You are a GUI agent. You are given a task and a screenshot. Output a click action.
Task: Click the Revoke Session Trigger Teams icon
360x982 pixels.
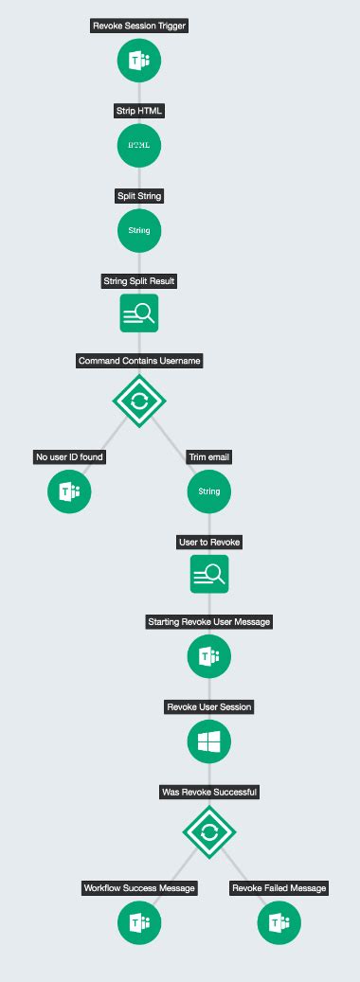pyautogui.click(x=139, y=60)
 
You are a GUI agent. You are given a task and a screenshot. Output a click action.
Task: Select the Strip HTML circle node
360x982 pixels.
pyautogui.click(x=139, y=145)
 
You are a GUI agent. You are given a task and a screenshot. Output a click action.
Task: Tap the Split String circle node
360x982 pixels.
pyautogui.click(x=139, y=230)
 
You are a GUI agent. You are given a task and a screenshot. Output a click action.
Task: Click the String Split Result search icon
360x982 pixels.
pyautogui.click(x=139, y=312)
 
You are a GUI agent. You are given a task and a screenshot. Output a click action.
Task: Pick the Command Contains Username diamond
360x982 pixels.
pyautogui.click(x=139, y=401)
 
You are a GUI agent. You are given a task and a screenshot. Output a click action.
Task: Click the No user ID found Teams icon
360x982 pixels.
pyautogui.click(x=69, y=491)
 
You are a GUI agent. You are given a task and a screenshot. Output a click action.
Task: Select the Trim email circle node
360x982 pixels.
pyautogui.click(x=209, y=491)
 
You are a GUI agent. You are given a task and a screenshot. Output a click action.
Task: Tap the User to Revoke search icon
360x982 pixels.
pyautogui.click(x=209, y=574)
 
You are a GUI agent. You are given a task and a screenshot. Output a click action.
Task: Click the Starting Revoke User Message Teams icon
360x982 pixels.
pyautogui.click(x=209, y=656)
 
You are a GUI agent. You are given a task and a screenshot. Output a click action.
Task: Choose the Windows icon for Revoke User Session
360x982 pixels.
pyautogui.click(x=209, y=742)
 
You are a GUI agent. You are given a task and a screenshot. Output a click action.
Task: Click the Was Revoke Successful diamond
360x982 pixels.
pyautogui.click(x=209, y=832)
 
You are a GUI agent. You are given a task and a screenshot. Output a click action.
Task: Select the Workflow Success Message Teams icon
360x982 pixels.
pyautogui.click(x=139, y=922)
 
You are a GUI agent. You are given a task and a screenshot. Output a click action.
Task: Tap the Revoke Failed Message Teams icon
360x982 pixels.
pyautogui.click(x=279, y=922)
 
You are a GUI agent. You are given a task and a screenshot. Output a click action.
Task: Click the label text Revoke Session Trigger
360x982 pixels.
pyautogui.click(x=139, y=26)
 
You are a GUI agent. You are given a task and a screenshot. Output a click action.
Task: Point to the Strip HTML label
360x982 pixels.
pyautogui.click(x=139, y=111)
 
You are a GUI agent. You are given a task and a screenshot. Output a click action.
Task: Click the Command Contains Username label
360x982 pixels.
pyautogui.click(x=139, y=361)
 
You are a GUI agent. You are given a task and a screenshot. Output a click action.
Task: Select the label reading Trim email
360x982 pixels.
pyautogui.click(x=209, y=457)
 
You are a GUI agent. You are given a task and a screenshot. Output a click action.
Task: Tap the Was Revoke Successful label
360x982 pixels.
pyautogui.click(x=209, y=793)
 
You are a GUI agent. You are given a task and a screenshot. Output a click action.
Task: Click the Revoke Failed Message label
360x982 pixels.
pyautogui.click(x=279, y=888)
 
